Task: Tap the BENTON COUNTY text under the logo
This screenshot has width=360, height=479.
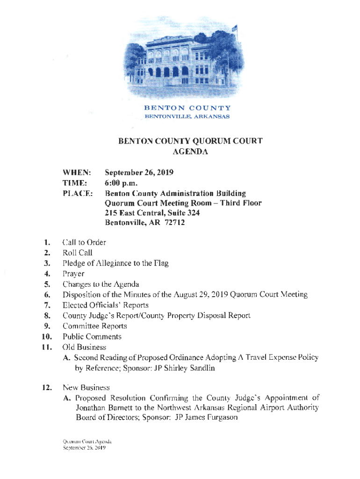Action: tap(187, 108)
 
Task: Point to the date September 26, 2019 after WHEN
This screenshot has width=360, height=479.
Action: tap(139, 173)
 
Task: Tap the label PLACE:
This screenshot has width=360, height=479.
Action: tap(77, 193)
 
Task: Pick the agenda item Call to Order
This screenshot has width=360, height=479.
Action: tap(84, 242)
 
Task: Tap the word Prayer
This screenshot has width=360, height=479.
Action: tap(73, 274)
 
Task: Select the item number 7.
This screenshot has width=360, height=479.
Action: tap(47, 305)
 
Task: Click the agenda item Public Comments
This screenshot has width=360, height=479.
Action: tap(92, 336)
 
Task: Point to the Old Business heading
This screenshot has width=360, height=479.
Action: tap(84, 347)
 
